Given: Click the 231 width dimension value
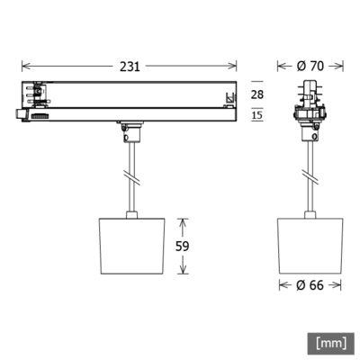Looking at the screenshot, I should point(128,65).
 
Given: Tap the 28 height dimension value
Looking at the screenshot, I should point(256,94).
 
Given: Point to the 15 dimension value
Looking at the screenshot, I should point(256,114).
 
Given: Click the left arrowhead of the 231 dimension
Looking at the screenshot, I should point(24,65).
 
